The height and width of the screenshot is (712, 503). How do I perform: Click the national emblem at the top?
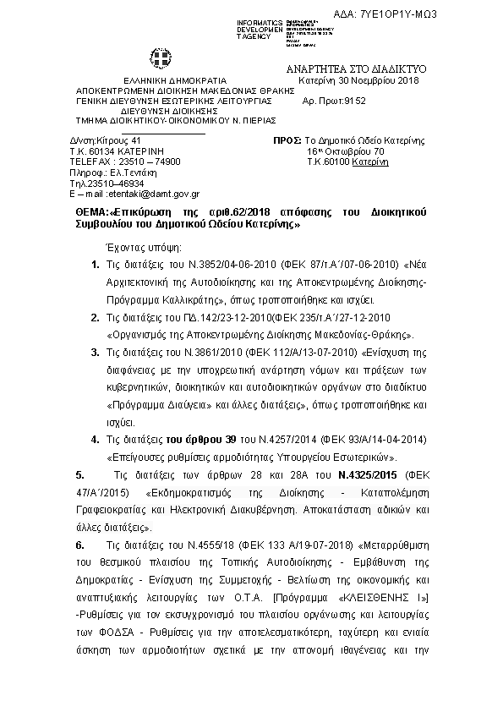(x=159, y=59)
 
